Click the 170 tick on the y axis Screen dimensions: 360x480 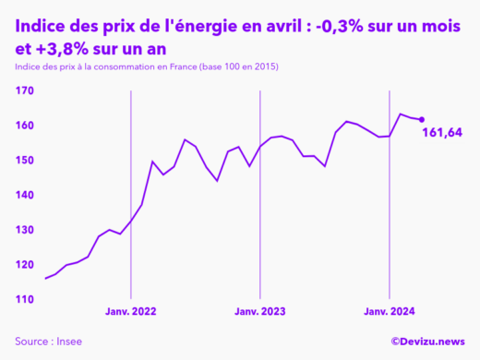[24, 90]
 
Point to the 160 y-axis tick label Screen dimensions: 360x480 [24, 126]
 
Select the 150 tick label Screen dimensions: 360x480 [24, 161]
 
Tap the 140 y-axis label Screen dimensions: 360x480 [24, 196]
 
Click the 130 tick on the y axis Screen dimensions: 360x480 [24, 230]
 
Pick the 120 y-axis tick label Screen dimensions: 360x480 [24, 265]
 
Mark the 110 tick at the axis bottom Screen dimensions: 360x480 [24, 300]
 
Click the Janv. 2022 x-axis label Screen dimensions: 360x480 [131, 312]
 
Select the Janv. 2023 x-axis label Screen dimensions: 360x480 [260, 312]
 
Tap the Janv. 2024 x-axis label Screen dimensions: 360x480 [390, 312]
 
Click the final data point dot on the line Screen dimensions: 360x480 [422, 119]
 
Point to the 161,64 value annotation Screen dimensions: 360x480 [441, 134]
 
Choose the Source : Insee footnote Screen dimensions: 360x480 [48, 341]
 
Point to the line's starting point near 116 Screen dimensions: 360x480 [45, 278]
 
